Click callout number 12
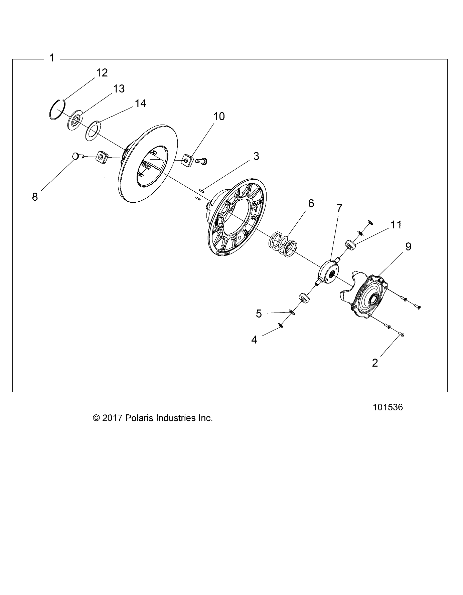pos(102,73)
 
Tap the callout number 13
pos(119,89)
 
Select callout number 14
pos(140,104)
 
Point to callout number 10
pos(219,117)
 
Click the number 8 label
pos(35,197)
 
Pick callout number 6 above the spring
pos(311,203)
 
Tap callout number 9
pos(408,247)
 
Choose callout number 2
pos(375,363)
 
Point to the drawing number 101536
pos(388,407)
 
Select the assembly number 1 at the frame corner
pos(52,58)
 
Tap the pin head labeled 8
pos(76,156)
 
